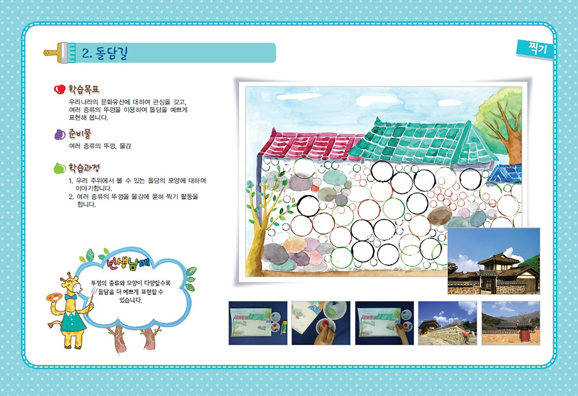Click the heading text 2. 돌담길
coord(104,53)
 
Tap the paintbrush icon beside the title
coord(60,53)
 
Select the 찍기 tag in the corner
coord(537,49)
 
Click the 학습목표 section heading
coord(84,89)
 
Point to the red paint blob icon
coord(60,89)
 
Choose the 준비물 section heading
coord(80,134)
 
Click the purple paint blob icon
coord(60,134)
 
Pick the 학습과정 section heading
coord(84,168)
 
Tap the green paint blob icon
coord(60,168)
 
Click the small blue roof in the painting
coord(504,173)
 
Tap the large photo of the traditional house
coord(494,261)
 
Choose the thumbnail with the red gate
coord(510,323)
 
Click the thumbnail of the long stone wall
coord(447,323)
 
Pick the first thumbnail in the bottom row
coord(258,323)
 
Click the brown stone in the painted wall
coord(440,216)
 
